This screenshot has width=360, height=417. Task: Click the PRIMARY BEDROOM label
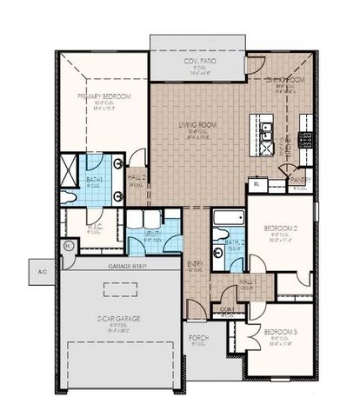point(103,96)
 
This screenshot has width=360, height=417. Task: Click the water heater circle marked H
point(68,246)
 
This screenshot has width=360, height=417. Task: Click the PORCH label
point(198,337)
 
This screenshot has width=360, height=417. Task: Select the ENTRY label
point(196,264)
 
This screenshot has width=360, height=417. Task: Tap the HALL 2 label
point(135,179)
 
